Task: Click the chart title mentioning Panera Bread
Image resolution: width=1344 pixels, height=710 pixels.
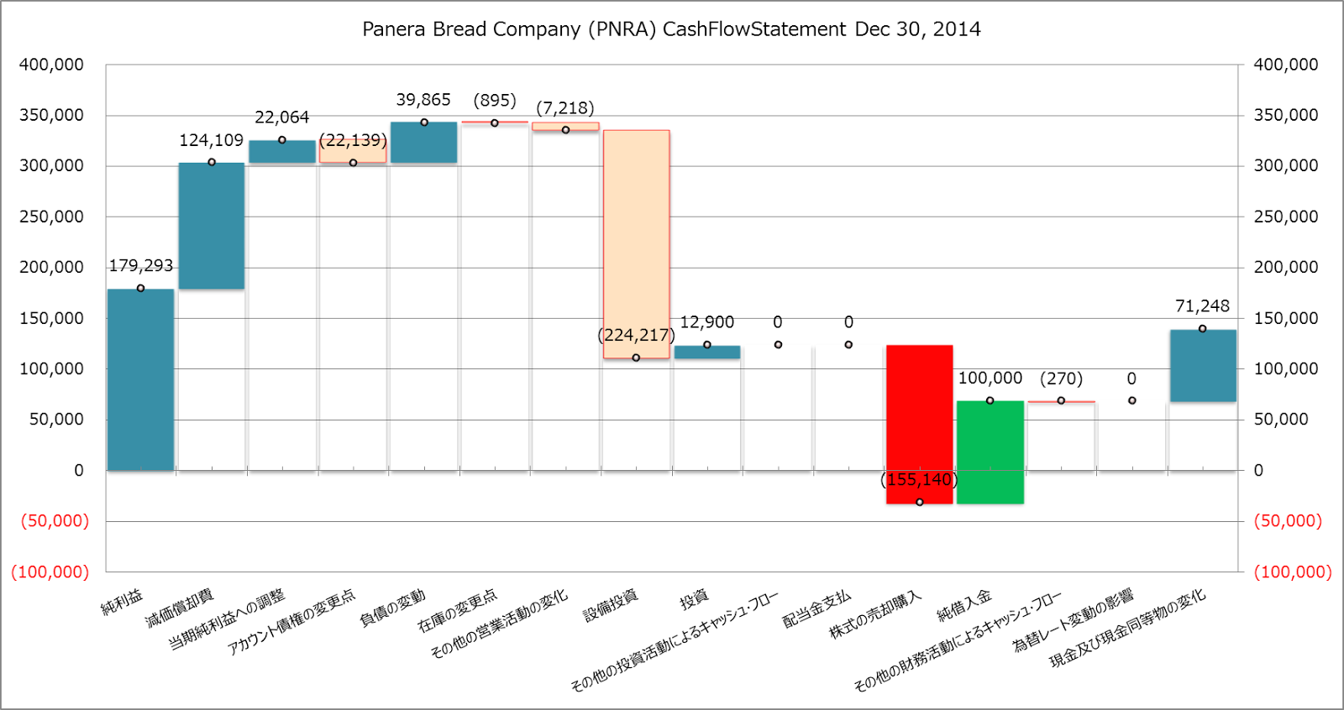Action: (671, 29)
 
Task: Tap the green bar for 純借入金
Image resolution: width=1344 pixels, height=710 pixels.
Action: (990, 452)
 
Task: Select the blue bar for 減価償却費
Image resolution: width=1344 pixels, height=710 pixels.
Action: (212, 226)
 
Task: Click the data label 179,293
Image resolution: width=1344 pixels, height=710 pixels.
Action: (141, 266)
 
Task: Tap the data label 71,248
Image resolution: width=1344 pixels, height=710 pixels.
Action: (1202, 306)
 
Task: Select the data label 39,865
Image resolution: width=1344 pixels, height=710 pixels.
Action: (423, 100)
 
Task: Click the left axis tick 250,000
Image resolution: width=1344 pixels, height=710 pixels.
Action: (52, 217)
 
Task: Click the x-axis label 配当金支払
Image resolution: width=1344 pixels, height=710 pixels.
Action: (816, 609)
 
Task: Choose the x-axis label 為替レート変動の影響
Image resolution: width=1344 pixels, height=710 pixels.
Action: (1073, 620)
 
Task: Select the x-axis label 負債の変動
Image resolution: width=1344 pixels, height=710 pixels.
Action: (392, 608)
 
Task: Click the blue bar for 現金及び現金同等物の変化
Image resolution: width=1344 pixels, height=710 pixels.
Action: (1202, 365)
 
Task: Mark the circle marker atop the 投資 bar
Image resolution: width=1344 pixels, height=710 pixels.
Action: (707, 345)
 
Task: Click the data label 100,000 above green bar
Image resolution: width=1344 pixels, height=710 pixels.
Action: (990, 378)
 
